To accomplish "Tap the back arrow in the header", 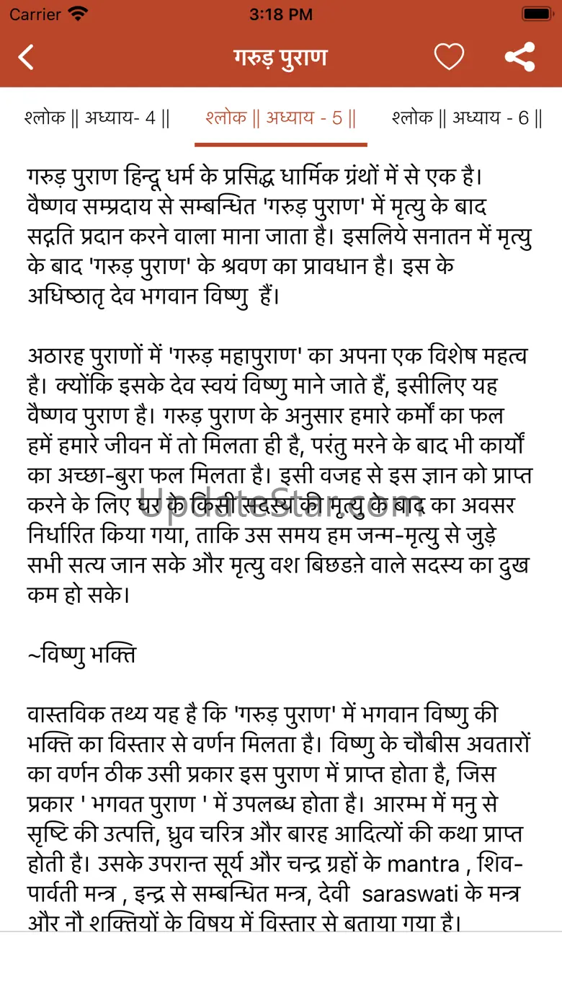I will point(26,57).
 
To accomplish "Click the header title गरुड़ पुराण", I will point(280,57).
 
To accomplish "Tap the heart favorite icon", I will point(449,57).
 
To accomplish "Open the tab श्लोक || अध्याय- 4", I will point(97,118).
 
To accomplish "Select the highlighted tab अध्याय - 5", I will point(280,118).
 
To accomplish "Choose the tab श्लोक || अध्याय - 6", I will point(467,118).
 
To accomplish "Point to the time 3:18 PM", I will point(280,14).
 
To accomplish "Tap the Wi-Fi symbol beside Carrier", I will point(78,14).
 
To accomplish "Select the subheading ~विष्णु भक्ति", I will point(81,655).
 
